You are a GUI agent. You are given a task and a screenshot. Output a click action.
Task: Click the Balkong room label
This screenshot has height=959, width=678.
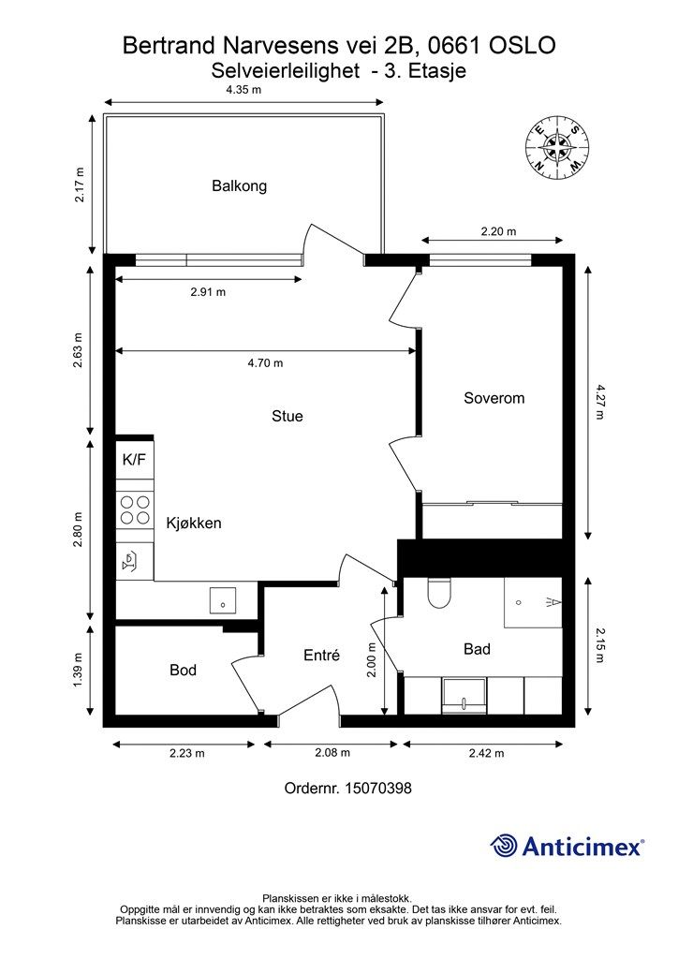pos(239,185)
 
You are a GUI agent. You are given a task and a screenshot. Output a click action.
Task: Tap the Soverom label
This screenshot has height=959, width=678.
pos(494,398)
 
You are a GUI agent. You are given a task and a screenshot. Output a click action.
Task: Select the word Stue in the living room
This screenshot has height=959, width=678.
pos(287,416)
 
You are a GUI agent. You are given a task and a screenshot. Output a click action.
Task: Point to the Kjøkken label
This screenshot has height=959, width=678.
pos(194,523)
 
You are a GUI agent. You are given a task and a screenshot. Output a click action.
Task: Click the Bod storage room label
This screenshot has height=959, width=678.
pos(183,671)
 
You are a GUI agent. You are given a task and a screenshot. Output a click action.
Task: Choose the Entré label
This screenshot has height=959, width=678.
pos(320,656)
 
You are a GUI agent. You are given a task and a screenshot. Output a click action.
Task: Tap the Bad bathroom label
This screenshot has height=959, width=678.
pos(477,649)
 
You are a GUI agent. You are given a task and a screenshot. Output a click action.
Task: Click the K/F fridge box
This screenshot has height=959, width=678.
pos(134,460)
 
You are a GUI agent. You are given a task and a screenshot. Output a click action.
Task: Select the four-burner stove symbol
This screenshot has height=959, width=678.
pos(135,509)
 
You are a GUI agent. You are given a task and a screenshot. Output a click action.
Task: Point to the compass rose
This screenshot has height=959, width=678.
pos(557,147)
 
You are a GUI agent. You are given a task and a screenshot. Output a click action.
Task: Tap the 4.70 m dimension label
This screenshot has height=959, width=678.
pos(265,363)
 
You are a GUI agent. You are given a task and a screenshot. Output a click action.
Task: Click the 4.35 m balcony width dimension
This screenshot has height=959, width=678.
pos(243,90)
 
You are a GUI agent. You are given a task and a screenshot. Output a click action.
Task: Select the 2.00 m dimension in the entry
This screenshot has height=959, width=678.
pos(372,659)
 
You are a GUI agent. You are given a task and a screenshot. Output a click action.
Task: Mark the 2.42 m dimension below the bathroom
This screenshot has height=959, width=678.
pos(485,753)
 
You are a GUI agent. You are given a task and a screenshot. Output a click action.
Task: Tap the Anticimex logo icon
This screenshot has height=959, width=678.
pos(505,846)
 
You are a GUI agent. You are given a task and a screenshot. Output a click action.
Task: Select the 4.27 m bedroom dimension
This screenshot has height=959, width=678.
pos(600,402)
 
